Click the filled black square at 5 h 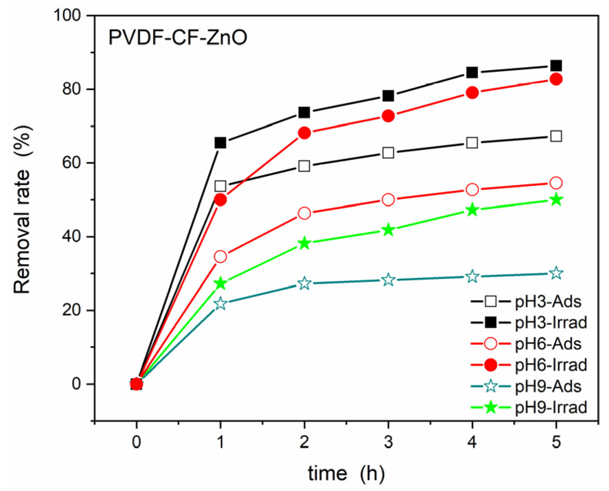click(556, 65)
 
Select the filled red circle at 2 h click(304, 133)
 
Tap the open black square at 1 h click(220, 186)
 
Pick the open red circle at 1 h click(220, 256)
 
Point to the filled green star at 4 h click(472, 210)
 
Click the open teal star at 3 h click(388, 280)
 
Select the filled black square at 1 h click(220, 143)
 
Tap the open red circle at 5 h click(556, 183)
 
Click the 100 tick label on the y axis click(68, 15)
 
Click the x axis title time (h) click(346, 473)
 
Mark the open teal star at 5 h click(556, 273)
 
